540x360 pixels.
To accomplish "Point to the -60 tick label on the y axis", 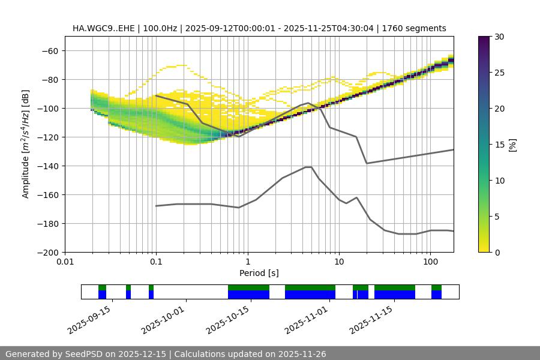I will (x=49, y=50).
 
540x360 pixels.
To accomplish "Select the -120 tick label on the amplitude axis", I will (x=47, y=137).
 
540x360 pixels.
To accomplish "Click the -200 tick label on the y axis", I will (x=47, y=252).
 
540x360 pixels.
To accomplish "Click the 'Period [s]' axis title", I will (x=259, y=273).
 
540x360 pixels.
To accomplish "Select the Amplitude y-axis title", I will (x=26, y=144).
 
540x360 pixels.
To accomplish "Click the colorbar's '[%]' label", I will (x=512, y=145).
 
